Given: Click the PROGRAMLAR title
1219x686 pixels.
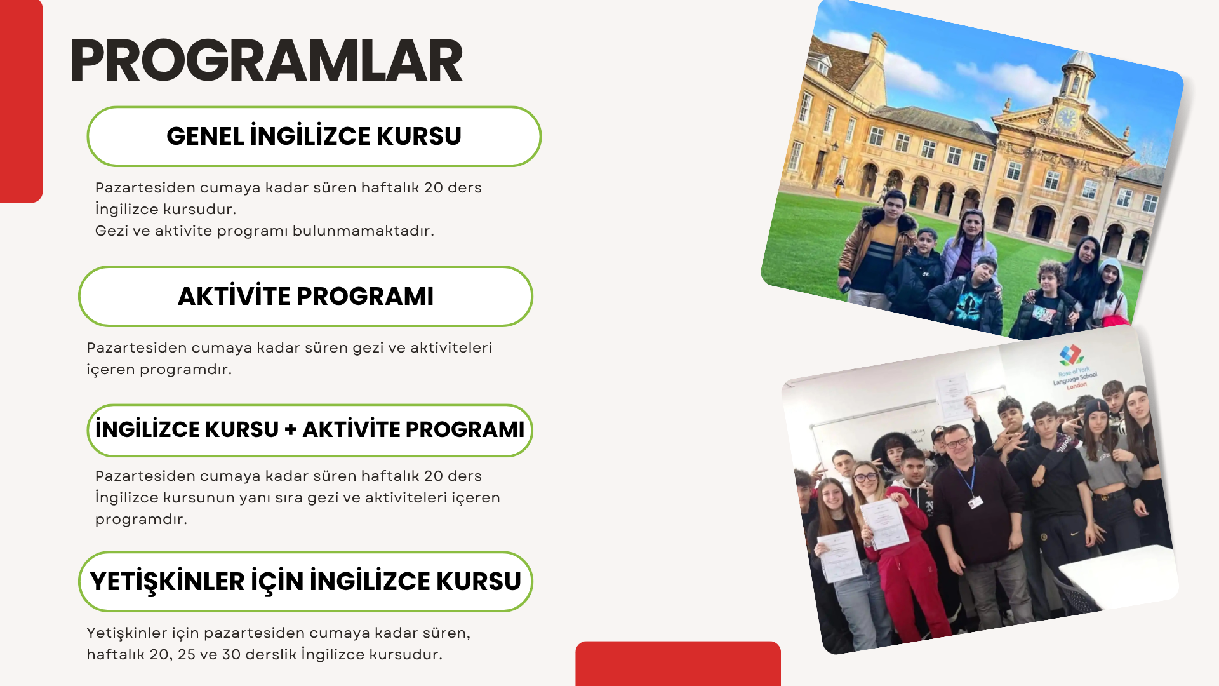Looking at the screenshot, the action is [267, 60].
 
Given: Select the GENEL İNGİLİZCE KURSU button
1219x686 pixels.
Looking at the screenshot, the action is [314, 137].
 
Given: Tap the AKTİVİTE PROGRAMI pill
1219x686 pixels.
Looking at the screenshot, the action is [305, 297].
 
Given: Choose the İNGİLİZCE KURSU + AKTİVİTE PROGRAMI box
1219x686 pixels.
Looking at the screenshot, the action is [310, 430].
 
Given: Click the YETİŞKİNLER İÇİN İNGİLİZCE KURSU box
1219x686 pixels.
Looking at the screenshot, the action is [305, 582].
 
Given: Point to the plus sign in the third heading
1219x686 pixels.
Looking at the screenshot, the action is [291, 430].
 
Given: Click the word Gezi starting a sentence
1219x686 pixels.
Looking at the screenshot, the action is [112, 231].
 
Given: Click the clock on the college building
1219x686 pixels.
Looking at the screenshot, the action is [1066, 118].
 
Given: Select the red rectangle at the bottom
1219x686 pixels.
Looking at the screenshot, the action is [678, 664].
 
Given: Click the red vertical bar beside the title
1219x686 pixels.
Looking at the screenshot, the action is [21, 101].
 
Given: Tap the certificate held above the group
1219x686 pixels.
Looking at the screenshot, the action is [954, 397].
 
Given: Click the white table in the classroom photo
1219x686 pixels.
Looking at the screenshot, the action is [1117, 575].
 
